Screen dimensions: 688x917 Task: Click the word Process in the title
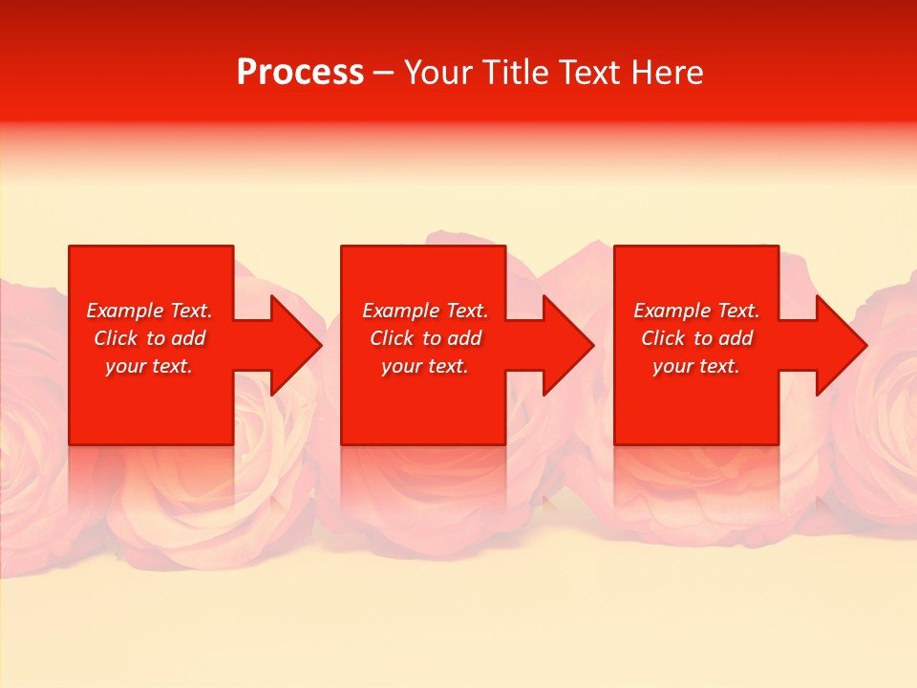tap(300, 73)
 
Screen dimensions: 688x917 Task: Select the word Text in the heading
tap(590, 73)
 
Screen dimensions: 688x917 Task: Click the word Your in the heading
tap(438, 73)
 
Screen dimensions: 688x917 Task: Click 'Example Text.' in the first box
tap(149, 311)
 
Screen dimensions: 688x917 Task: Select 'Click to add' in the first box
tap(149, 338)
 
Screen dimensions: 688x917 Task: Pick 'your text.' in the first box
tap(149, 366)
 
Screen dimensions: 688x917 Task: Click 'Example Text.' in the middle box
tap(425, 311)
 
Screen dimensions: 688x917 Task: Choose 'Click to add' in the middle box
tap(425, 338)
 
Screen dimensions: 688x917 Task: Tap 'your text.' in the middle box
tap(425, 366)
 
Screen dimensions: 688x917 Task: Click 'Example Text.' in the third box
tap(696, 311)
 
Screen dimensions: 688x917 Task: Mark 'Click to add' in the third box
tap(696, 338)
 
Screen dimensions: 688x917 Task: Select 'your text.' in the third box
tap(696, 366)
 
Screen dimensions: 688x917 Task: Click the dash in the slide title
tap(384, 74)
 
